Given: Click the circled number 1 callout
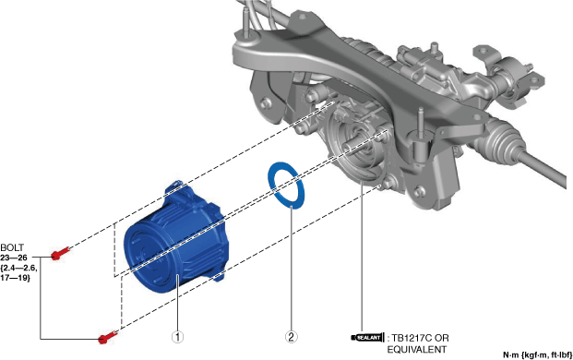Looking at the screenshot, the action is [177, 337].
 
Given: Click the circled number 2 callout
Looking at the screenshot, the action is [292, 337].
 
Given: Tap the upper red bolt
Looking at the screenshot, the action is [60, 253].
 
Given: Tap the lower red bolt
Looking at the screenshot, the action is [107, 337].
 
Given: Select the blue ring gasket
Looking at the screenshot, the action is [286, 185].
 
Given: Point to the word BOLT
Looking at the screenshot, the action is [12, 247].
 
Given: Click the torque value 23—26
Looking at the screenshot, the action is [14, 258].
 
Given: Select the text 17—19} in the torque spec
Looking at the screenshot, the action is [16, 278].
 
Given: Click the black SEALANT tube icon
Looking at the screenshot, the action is [367, 337].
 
